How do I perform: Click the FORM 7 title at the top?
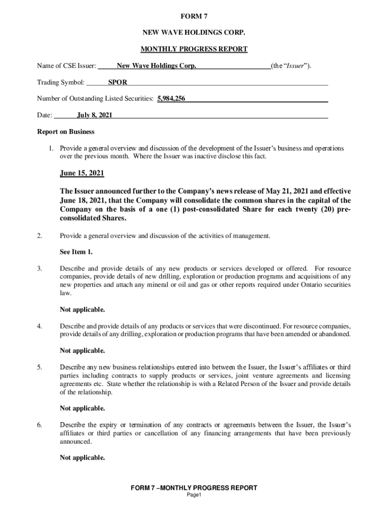(x=193, y=16)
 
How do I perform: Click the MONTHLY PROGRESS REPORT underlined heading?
(x=193, y=49)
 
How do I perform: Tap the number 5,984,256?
(x=171, y=99)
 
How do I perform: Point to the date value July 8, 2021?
(x=94, y=115)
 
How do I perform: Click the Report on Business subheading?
(x=66, y=132)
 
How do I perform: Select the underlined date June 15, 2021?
(x=82, y=174)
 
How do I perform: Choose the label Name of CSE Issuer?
(x=67, y=66)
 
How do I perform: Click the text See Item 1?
(x=76, y=252)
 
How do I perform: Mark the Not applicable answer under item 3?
(x=83, y=309)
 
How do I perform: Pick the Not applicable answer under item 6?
(x=83, y=458)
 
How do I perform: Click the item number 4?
(x=39, y=326)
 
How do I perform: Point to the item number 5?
(x=39, y=367)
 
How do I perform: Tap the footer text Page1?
(x=194, y=495)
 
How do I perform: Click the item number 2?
(x=39, y=235)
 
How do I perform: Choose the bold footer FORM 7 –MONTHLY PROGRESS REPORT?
(x=194, y=488)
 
